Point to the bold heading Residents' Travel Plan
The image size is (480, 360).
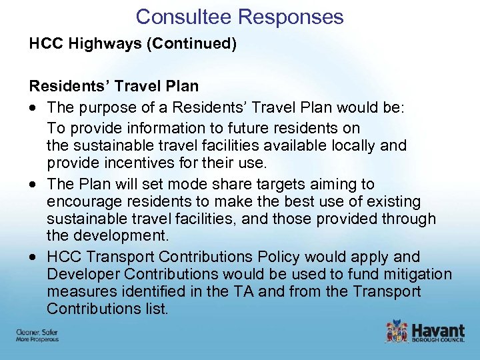pyautogui.click(x=113, y=87)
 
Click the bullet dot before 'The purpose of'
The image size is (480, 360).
pyautogui.click(x=33, y=108)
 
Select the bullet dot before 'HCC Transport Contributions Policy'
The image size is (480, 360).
pyautogui.click(x=33, y=257)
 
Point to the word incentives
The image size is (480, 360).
pyautogui.click(x=129, y=163)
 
